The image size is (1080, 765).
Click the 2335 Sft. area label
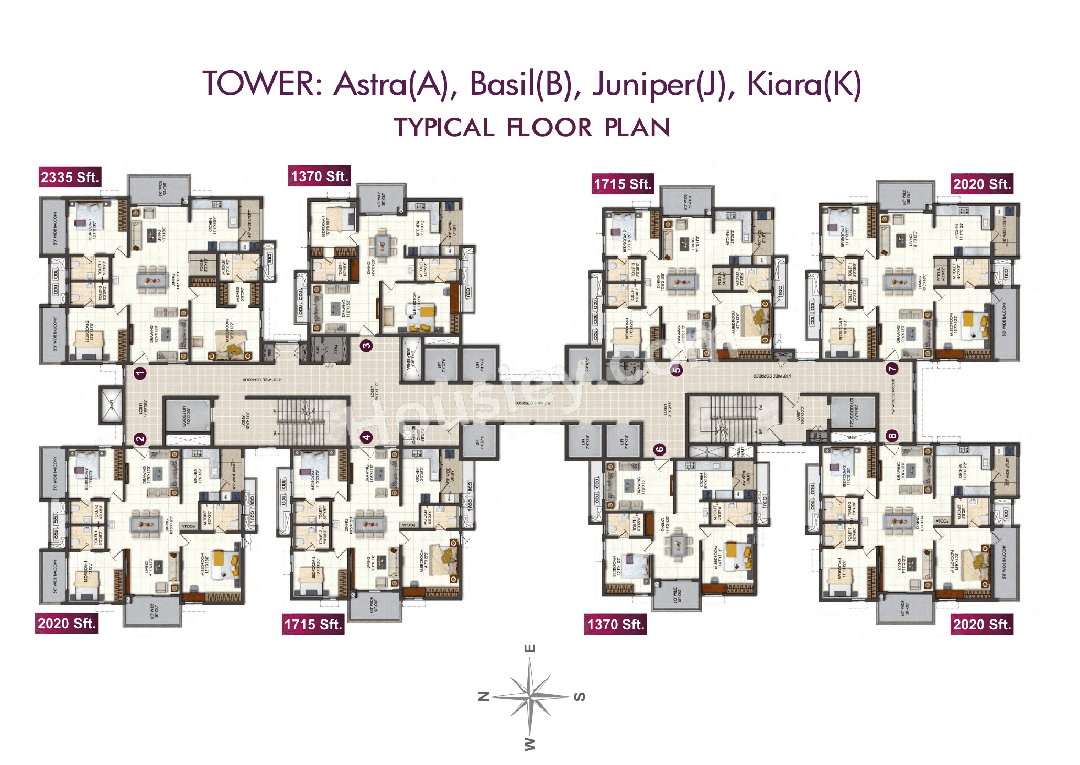tap(70, 178)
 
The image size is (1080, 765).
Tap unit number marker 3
tap(366, 345)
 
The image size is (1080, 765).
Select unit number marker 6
tap(660, 449)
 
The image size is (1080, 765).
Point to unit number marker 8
tap(892, 436)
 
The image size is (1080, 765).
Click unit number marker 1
tap(140, 373)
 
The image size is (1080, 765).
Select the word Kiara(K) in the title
tap(804, 84)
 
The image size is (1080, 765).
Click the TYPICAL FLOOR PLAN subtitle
tap(532, 128)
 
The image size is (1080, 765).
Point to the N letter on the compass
tap(484, 696)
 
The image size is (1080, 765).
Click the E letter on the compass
tap(530, 649)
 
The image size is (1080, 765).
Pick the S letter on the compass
tap(579, 696)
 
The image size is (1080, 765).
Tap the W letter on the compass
tap(530, 744)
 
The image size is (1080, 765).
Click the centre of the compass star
tap(530, 696)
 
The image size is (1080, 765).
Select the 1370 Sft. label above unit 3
tap(319, 176)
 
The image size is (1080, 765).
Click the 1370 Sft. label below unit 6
tap(615, 625)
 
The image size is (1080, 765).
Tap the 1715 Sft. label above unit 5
tap(623, 184)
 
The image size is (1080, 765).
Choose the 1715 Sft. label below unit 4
tap(313, 625)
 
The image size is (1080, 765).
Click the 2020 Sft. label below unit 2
tap(67, 624)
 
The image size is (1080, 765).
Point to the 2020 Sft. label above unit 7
tap(981, 184)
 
